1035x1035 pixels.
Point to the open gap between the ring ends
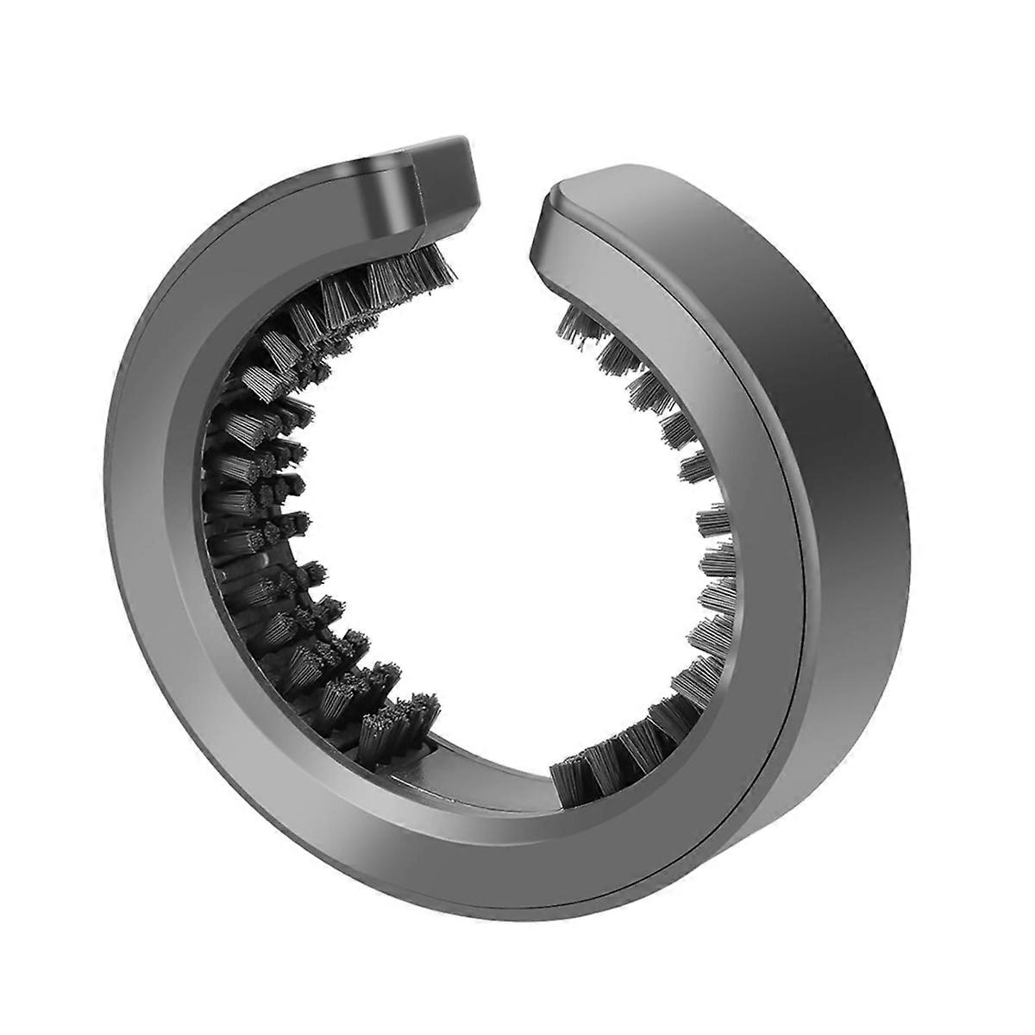[x=509, y=216]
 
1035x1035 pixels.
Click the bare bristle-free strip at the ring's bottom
[x=483, y=759]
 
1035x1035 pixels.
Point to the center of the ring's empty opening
[x=500, y=517]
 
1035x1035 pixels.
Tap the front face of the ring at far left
[x=155, y=517]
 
